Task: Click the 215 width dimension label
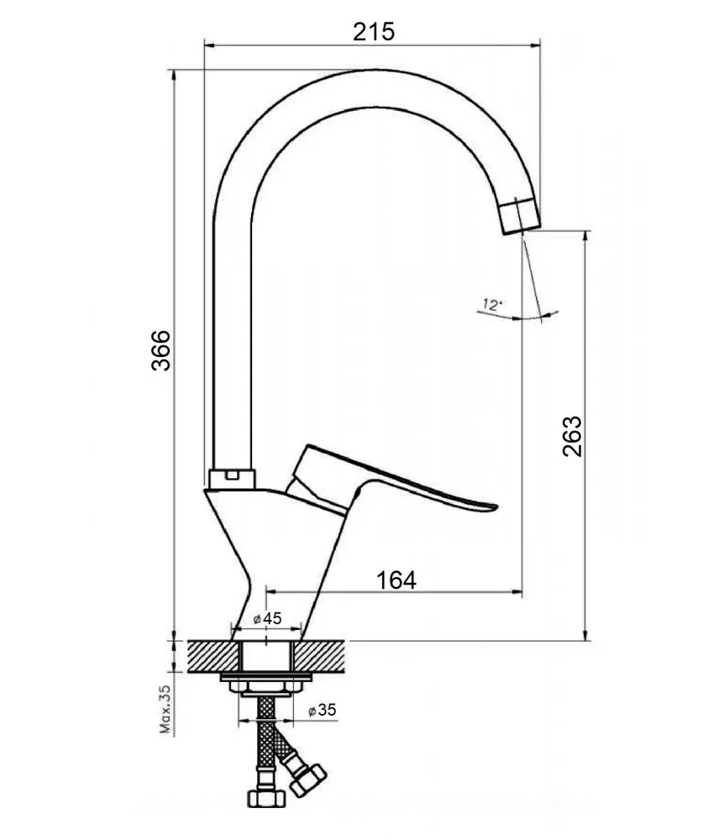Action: [x=374, y=32]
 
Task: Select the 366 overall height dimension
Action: [x=160, y=351]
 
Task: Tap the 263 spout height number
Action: [x=572, y=436]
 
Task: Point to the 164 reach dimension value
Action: [x=396, y=580]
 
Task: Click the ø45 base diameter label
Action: [x=267, y=619]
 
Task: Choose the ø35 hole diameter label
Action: [x=322, y=710]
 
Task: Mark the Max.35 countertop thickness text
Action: [x=165, y=709]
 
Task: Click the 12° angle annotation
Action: [x=492, y=305]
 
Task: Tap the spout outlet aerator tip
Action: [x=522, y=215]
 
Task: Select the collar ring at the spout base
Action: [x=232, y=479]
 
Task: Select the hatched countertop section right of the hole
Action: [x=318, y=656]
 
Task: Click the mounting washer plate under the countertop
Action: [x=265, y=678]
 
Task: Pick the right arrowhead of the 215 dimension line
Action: [x=535, y=45]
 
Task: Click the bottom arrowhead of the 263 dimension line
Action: [x=585, y=634]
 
